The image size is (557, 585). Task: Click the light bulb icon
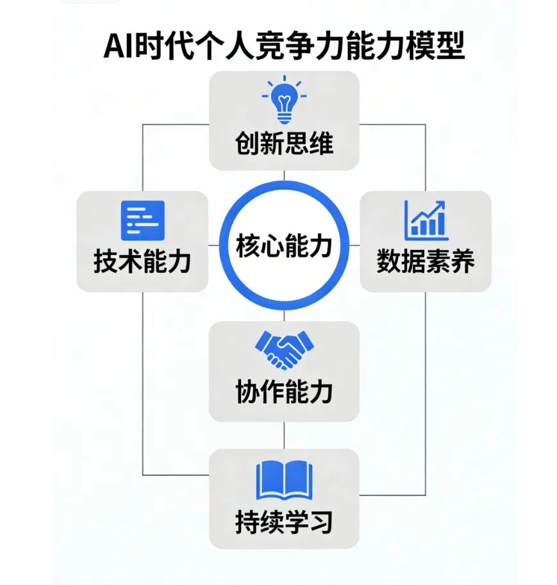(284, 102)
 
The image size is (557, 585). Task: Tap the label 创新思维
(284, 144)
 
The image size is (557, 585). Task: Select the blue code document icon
(143, 220)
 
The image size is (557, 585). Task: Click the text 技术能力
(142, 262)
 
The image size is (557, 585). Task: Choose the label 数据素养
(425, 262)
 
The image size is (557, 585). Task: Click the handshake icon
(284, 350)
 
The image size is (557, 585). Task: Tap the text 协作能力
(284, 391)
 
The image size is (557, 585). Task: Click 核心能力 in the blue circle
(284, 245)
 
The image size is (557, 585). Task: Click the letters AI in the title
(119, 46)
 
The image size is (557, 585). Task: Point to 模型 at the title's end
(436, 46)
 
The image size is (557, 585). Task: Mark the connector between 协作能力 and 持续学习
(284, 435)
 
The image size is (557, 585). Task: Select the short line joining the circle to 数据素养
(354, 245)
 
